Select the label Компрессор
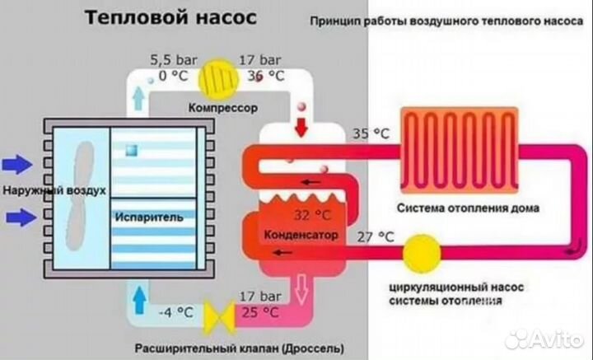point(222,108)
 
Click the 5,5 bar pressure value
point(168,59)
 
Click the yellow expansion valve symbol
point(220,314)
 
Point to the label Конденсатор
point(301,236)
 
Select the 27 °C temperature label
point(375,236)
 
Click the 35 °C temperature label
point(371,133)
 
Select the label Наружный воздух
point(54,191)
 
